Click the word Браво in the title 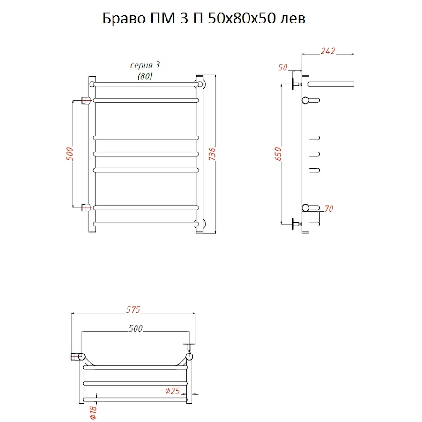[123, 19]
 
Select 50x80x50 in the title [242, 19]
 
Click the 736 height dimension [212, 154]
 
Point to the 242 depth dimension [328, 51]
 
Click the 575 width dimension [133, 309]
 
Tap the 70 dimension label [329, 209]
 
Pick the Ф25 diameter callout [172, 391]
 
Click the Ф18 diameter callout [93, 412]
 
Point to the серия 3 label [145, 65]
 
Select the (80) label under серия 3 [145, 76]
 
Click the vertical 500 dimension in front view [69, 154]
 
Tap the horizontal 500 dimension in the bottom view [136, 328]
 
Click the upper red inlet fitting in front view [86, 100]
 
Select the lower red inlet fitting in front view [86, 208]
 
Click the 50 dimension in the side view [283, 67]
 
